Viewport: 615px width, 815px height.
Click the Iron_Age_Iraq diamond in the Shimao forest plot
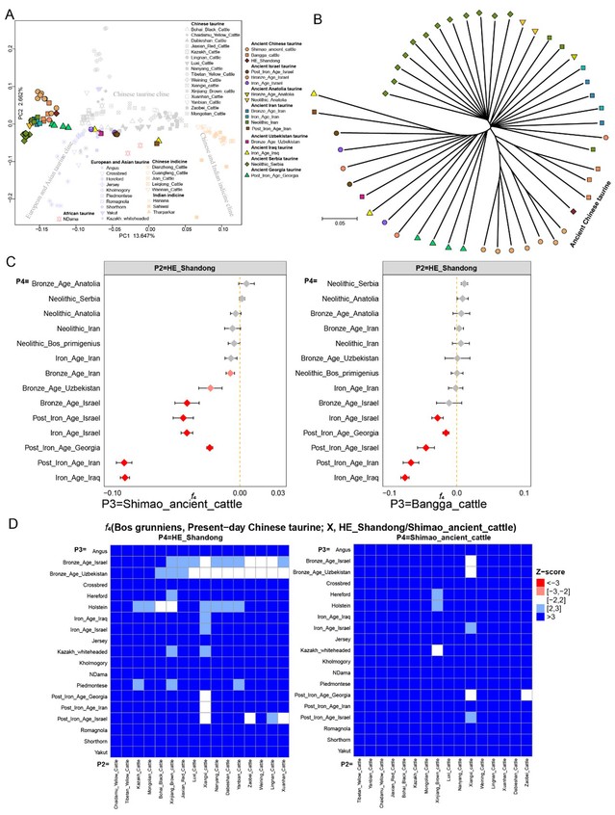124,477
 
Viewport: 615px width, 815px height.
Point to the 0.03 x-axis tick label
278,491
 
